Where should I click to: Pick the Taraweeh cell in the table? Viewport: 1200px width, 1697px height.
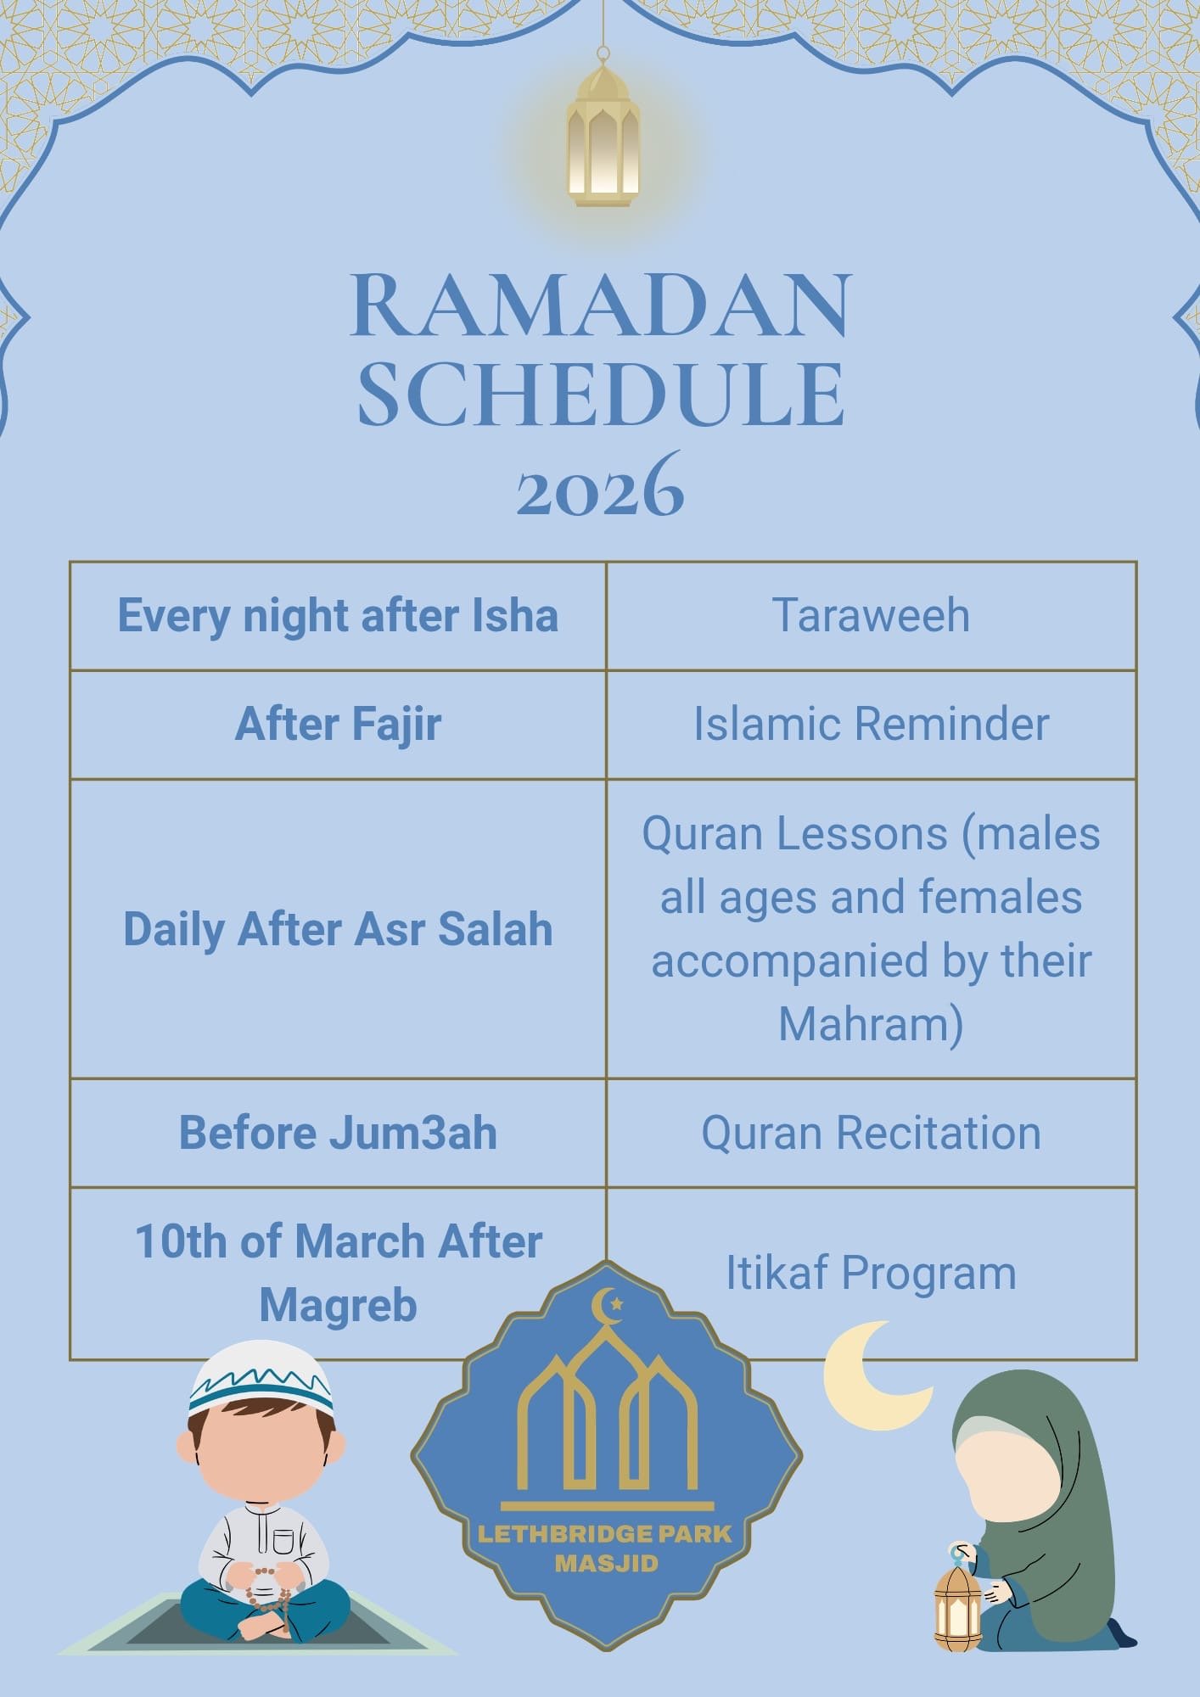pyautogui.click(x=871, y=615)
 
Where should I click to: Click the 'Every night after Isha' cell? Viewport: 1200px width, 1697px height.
pyautogui.click(x=338, y=615)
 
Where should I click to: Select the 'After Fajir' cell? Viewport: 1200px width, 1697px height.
pyautogui.click(x=338, y=724)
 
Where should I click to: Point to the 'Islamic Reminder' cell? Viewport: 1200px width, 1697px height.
pyautogui.click(x=871, y=724)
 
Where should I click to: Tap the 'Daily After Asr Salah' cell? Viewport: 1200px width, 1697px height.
pyautogui.click(x=338, y=928)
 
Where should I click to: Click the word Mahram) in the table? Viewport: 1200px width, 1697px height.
pyautogui.click(x=871, y=1023)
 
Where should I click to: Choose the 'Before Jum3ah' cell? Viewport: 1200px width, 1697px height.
pyautogui.click(x=338, y=1133)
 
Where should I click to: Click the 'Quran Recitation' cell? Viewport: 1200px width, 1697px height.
pyautogui.click(x=871, y=1133)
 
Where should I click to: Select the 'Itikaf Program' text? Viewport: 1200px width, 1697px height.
pyautogui.click(x=871, y=1273)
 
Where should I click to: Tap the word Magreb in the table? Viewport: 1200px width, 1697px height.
pyautogui.click(x=338, y=1305)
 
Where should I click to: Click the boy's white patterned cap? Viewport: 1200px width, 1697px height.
pyautogui.click(x=261, y=1376)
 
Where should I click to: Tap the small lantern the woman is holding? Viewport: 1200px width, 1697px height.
pyautogui.click(x=957, y=1606)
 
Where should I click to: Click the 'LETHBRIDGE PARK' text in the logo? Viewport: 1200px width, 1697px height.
pyautogui.click(x=605, y=1534)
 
